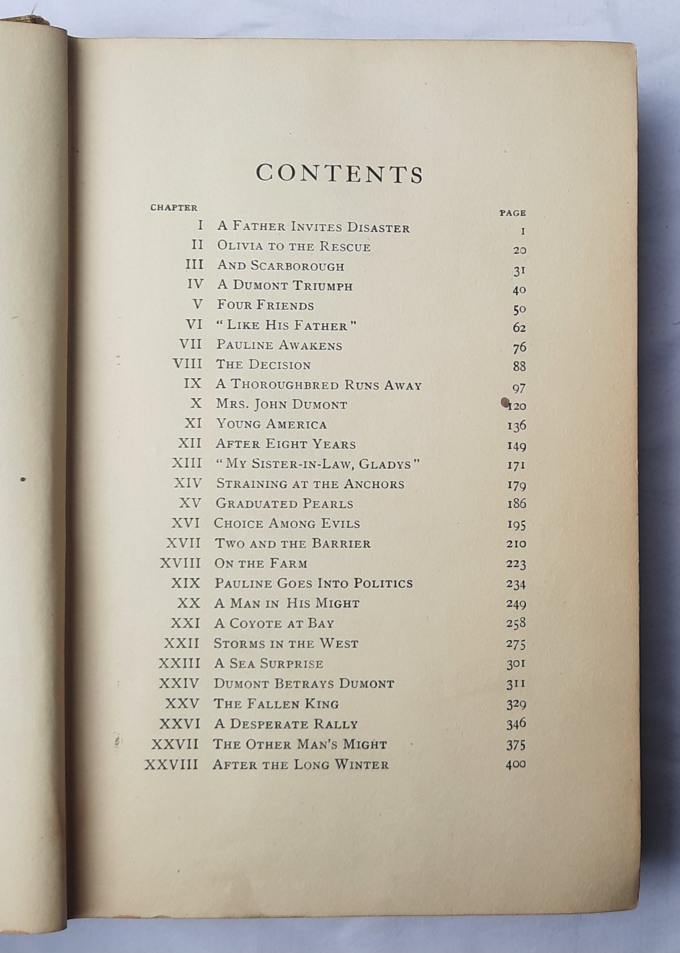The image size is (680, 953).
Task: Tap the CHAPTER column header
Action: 174,207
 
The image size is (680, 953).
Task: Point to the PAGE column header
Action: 512,213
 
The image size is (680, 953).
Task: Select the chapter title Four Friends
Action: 265,306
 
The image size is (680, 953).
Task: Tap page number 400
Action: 515,765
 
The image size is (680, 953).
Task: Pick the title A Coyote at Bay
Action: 274,624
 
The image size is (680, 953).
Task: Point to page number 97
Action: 518,388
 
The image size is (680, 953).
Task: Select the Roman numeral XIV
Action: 188,484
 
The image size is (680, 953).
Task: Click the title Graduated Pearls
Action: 284,504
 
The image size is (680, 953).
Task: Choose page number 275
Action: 515,644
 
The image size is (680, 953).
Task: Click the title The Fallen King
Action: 276,704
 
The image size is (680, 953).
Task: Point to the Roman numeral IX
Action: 193,384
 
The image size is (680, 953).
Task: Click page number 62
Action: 519,328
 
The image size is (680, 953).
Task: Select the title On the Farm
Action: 261,564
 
